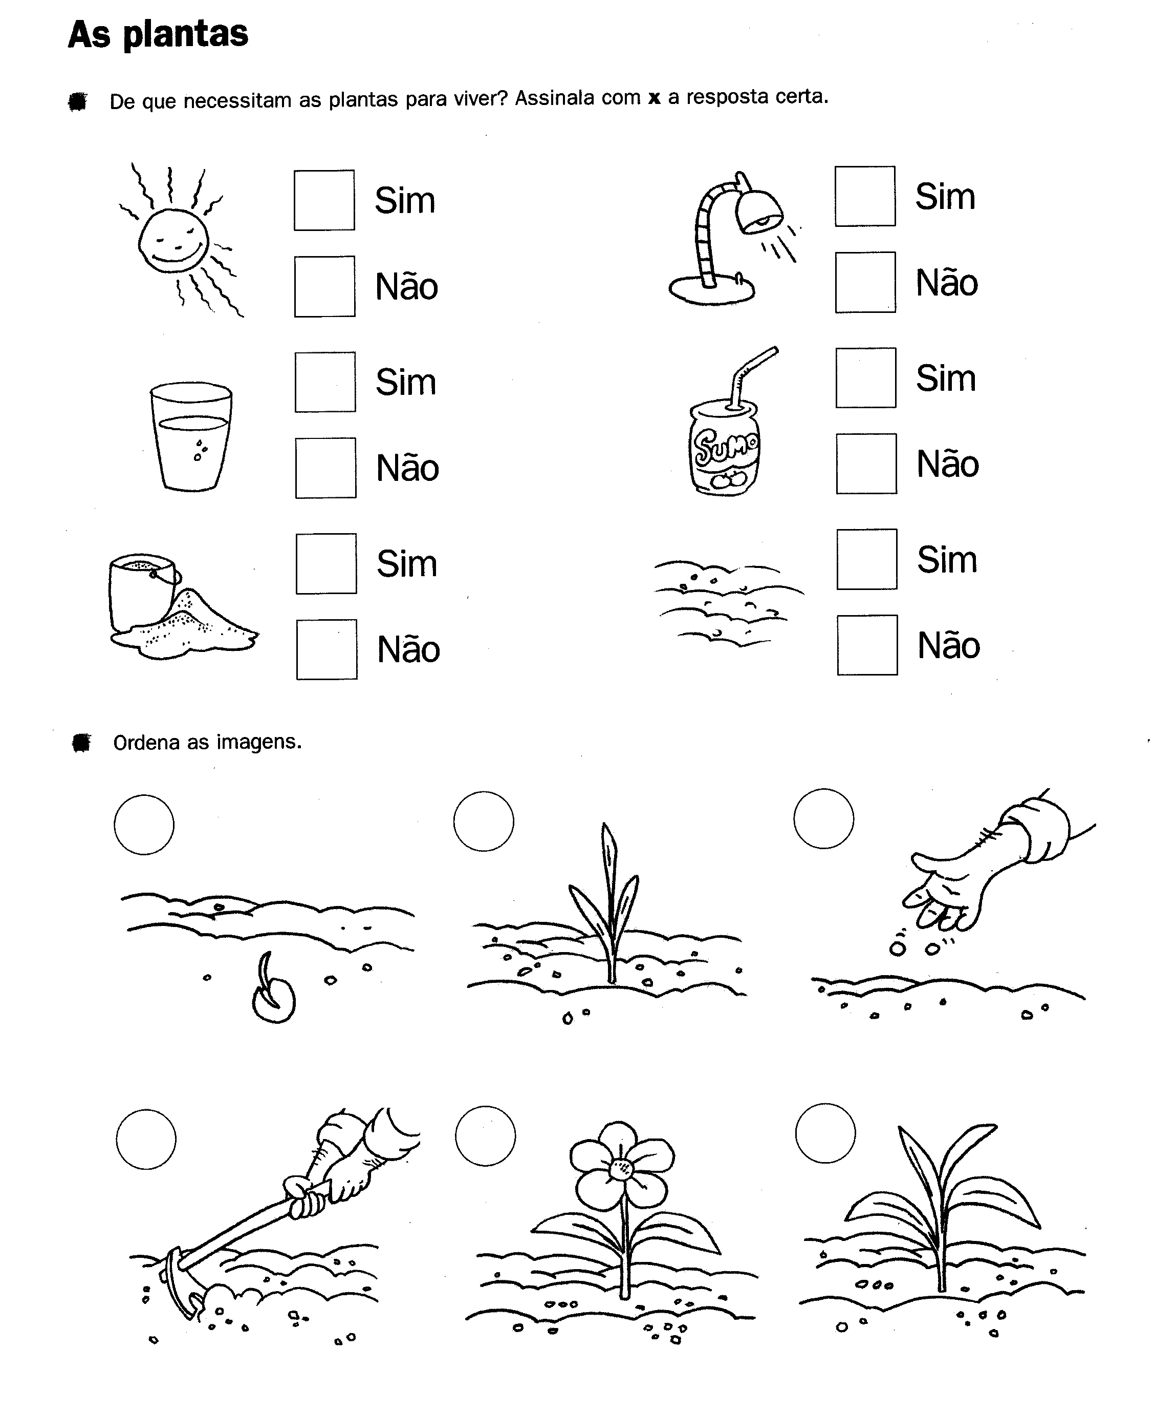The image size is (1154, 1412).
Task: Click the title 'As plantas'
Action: click(x=158, y=35)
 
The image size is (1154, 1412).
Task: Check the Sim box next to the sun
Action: click(x=324, y=200)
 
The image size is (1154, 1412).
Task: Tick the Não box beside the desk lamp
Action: click(x=865, y=282)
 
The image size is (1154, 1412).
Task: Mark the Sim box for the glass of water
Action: click(x=325, y=382)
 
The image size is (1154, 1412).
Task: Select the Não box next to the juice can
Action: click(x=867, y=463)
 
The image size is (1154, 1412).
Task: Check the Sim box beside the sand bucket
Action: click(x=326, y=563)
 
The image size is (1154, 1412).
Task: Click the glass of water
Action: click(x=191, y=436)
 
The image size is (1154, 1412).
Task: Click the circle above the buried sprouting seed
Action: click(x=144, y=824)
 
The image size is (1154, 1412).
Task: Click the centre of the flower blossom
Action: click(x=622, y=1169)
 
